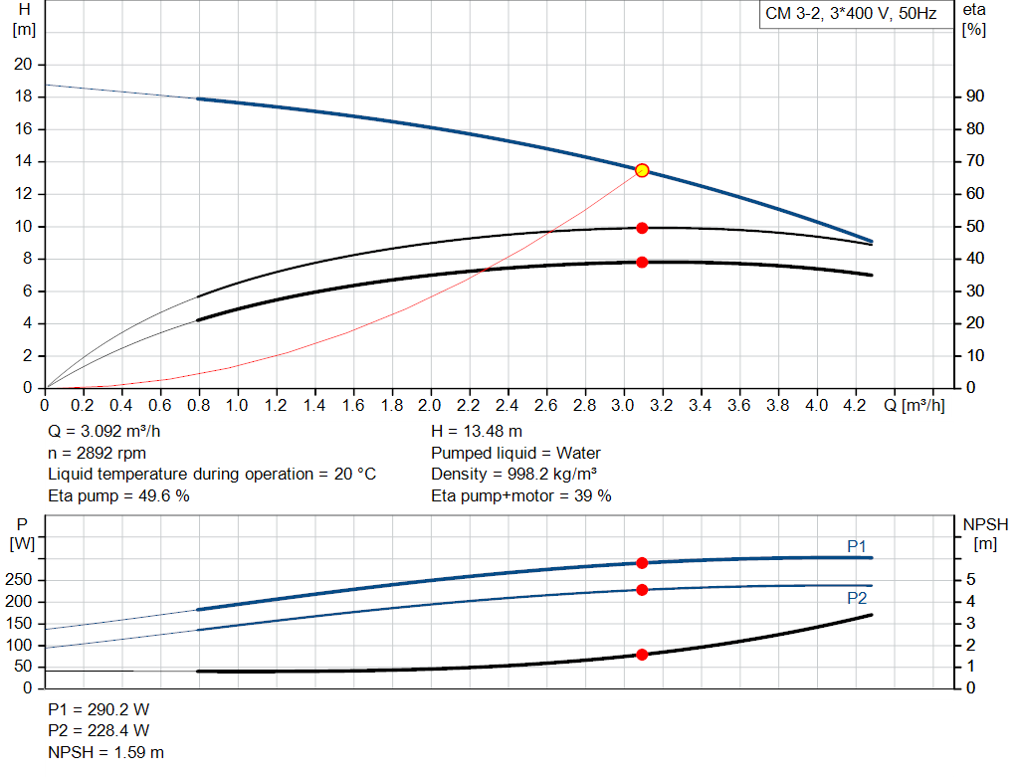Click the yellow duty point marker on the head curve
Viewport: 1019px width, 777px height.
(x=642, y=170)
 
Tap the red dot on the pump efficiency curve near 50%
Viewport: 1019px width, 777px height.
(x=642, y=228)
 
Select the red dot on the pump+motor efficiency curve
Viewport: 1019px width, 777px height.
(x=642, y=262)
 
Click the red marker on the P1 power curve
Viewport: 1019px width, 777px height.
(x=642, y=563)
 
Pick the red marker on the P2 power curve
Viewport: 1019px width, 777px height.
(x=642, y=590)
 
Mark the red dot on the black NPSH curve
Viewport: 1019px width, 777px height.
(x=642, y=655)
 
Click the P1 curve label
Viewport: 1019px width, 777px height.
(x=857, y=545)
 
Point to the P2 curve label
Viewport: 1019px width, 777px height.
(x=857, y=598)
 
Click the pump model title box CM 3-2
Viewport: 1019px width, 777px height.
(x=850, y=15)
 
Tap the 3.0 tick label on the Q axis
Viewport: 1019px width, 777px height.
(x=623, y=406)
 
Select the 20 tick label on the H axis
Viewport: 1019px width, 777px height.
(x=23, y=65)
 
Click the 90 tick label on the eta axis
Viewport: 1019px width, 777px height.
(x=974, y=97)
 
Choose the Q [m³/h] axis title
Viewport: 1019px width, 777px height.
(x=914, y=406)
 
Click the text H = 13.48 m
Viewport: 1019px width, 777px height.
(x=477, y=431)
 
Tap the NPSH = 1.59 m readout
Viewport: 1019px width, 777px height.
(x=106, y=752)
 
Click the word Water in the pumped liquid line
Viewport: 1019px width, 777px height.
(x=579, y=453)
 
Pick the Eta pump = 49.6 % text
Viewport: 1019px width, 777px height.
(x=118, y=495)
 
